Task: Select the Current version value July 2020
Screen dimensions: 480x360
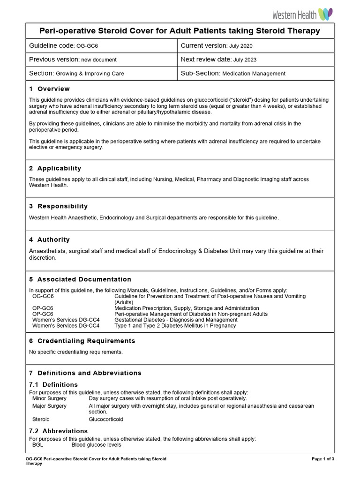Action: pos(242,46)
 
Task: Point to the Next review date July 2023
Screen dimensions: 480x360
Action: pos(244,60)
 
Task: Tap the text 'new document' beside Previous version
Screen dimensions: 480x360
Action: pos(99,60)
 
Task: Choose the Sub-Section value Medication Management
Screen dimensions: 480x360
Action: pos(254,74)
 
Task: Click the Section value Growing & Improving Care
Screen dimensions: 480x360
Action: pos(90,74)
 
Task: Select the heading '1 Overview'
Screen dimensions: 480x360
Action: pos(49,89)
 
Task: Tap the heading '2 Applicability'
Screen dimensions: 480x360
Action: pos(55,168)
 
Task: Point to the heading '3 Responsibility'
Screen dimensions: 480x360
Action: pos(58,206)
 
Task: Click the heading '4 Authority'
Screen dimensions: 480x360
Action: pos(49,240)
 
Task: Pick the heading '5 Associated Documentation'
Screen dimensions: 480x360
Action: pos(80,279)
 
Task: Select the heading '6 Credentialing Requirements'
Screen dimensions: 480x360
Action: pos(82,341)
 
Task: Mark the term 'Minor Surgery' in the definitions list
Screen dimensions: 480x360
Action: pos(49,398)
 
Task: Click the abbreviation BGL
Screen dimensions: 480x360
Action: pos(37,445)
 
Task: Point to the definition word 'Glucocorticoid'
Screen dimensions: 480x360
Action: pos(106,419)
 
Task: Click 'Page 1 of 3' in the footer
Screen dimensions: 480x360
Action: pos(322,458)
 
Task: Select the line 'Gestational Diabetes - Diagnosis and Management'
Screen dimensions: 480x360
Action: pos(176,320)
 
